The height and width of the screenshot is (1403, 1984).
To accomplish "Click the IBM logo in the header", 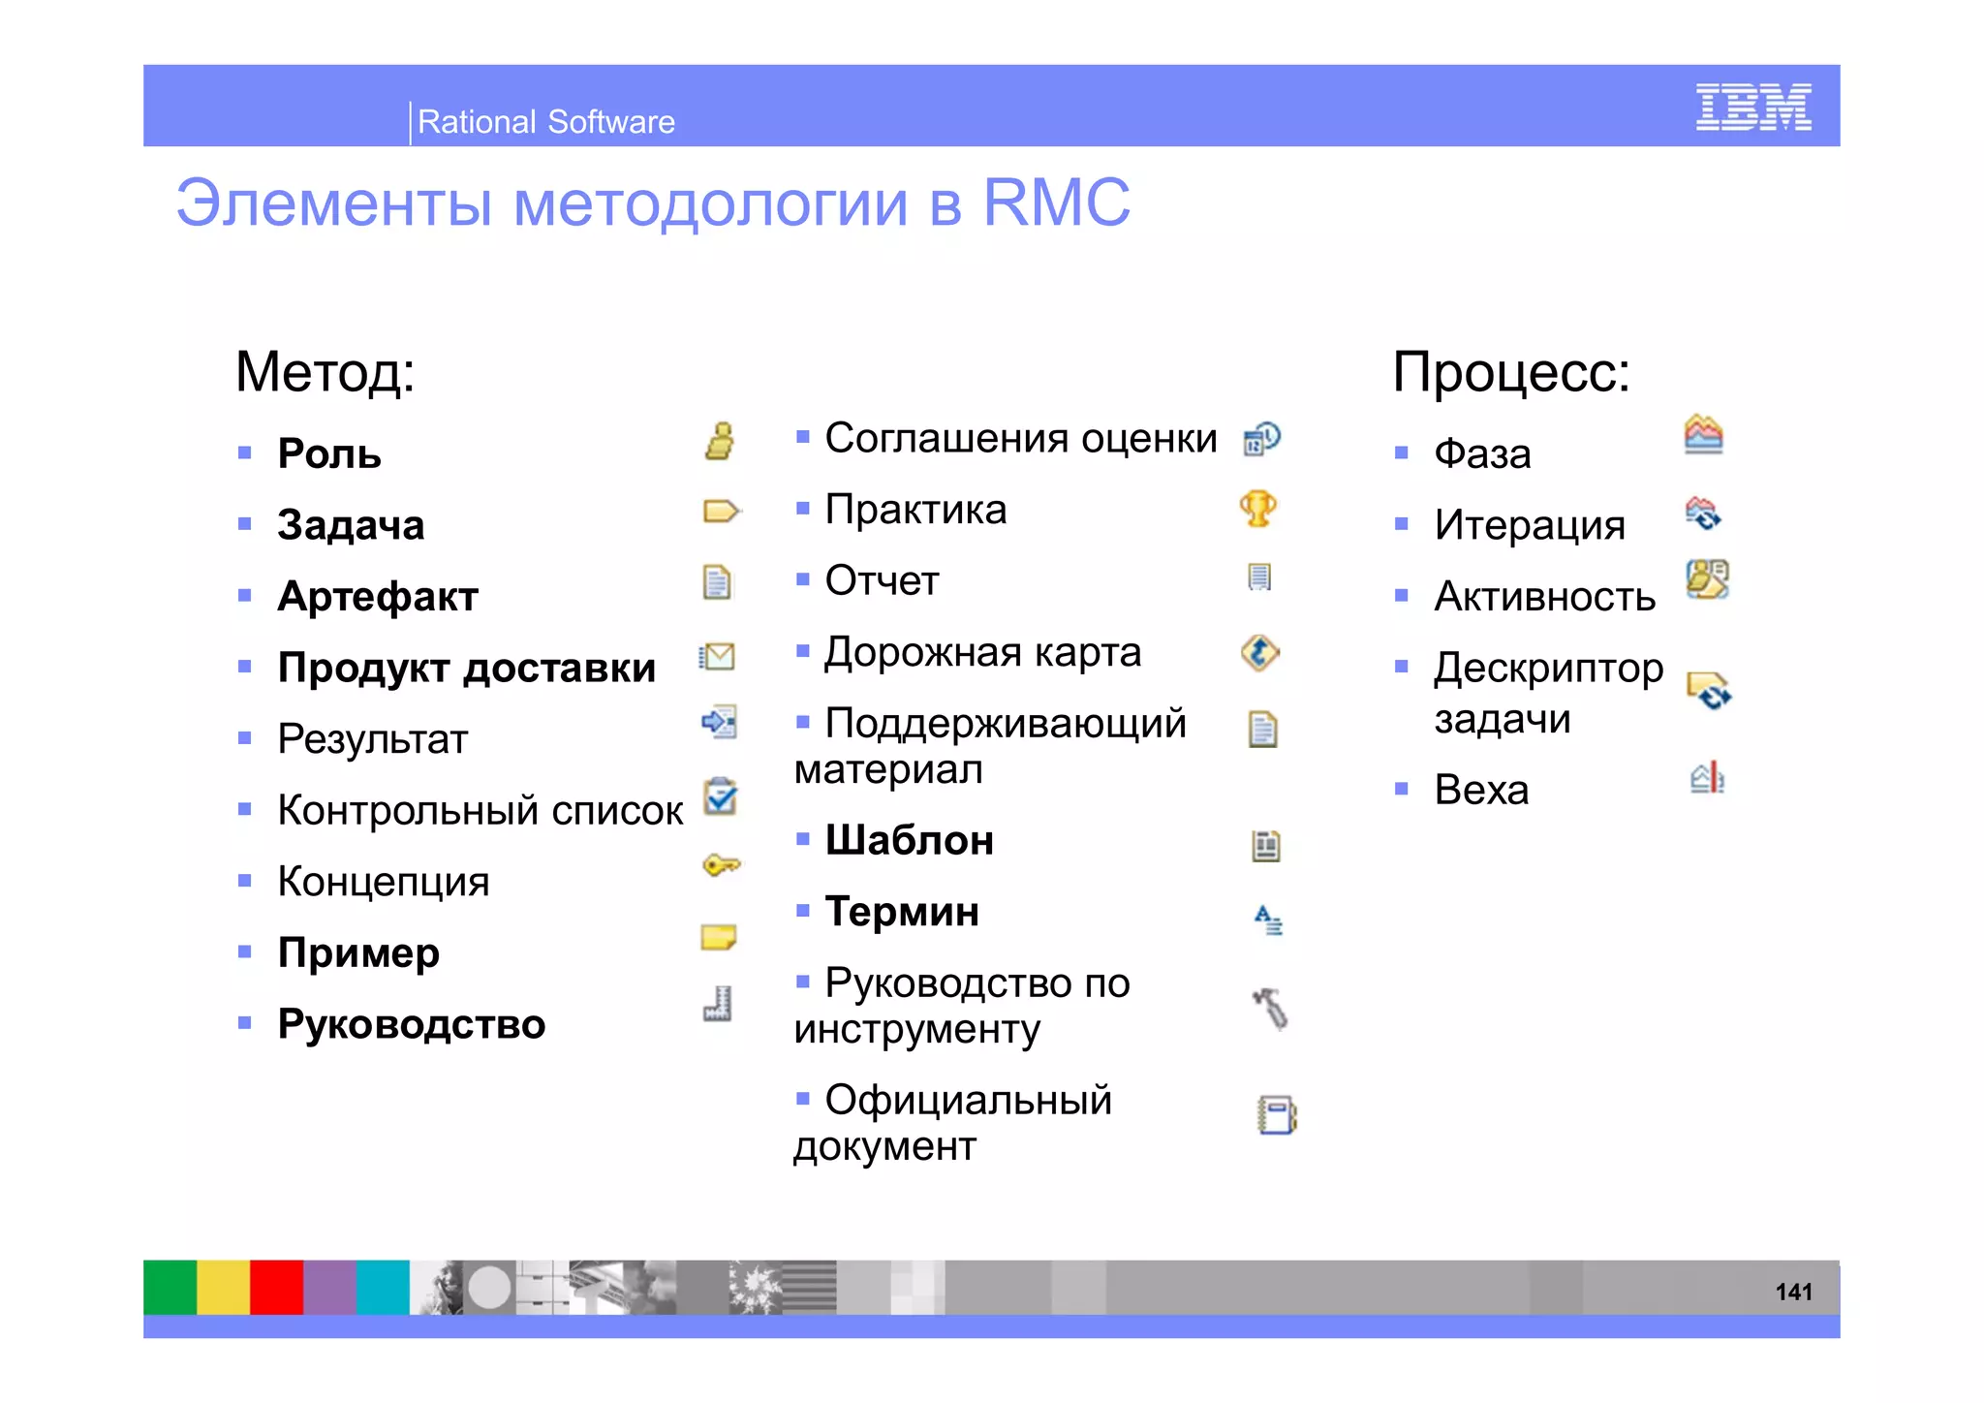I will coord(1752,107).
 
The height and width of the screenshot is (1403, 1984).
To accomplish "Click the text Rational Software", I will coord(545,122).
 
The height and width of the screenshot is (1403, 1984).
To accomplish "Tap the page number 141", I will coord(1792,1292).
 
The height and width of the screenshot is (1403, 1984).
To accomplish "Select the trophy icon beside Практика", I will coord(1258,509).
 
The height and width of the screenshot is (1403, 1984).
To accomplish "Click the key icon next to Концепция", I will coord(721,864).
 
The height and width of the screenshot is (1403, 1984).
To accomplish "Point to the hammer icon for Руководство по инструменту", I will coord(1270,1009).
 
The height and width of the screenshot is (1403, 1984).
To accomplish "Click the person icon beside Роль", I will coord(719,441).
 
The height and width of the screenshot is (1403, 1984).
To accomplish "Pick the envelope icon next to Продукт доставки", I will coord(718,657).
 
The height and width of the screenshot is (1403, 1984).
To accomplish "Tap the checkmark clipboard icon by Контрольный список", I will coord(721,796).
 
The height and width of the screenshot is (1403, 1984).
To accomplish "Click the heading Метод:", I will coord(325,372).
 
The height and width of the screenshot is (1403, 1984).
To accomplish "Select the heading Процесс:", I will coord(1510,372).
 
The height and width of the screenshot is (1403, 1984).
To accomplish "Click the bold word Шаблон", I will coord(909,840).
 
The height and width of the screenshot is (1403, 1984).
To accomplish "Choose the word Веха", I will coord(1480,790).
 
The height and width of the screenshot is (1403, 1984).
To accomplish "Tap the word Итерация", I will coord(1529,525).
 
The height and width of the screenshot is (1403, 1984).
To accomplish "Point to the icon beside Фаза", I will coord(1703,434).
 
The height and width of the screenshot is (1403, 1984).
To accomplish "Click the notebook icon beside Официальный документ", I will coord(1276,1114).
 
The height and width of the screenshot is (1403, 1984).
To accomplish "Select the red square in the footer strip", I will coord(276,1287).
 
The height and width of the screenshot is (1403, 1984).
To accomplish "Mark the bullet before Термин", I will coord(802,910).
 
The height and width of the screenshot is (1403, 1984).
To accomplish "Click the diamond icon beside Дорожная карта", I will coord(1259,653).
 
